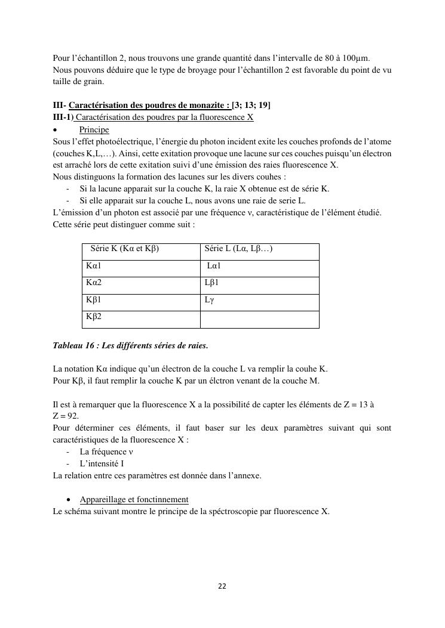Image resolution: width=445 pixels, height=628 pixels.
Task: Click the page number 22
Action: [x=222, y=586]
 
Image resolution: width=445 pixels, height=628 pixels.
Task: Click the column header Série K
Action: [x=125, y=249]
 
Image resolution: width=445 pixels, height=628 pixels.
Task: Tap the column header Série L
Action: [x=238, y=249]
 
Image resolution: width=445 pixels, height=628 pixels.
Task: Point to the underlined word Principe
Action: [x=94, y=129]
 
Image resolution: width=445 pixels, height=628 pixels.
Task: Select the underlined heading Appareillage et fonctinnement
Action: [x=134, y=500]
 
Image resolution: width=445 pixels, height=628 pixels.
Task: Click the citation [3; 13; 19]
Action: [x=251, y=106]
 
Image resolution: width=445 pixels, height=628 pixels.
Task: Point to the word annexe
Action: [x=247, y=475]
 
